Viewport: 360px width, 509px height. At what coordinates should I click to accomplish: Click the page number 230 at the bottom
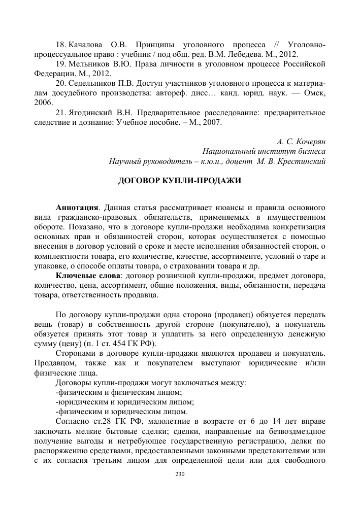[178, 474]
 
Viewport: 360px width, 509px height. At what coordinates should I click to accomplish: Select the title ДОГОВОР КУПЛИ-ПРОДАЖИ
[180, 180]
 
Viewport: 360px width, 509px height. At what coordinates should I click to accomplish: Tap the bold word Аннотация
[77, 208]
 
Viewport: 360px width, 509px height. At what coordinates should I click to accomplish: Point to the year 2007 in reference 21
[211, 122]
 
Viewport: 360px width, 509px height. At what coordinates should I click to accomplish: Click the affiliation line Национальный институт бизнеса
[264, 152]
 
